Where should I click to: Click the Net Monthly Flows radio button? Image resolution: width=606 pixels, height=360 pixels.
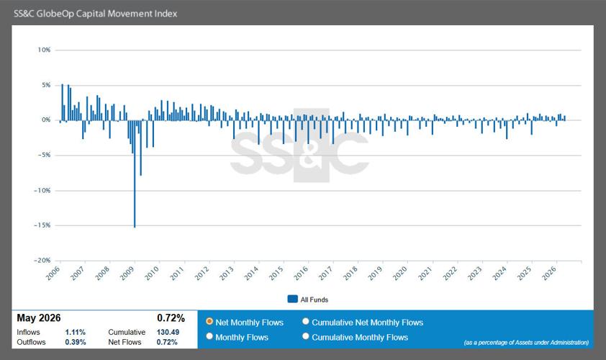209,321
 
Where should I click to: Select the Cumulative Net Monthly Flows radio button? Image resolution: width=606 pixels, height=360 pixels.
306,321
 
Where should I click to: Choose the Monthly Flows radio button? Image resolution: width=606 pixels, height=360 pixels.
209,336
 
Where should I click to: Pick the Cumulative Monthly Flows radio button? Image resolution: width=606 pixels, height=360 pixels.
306,336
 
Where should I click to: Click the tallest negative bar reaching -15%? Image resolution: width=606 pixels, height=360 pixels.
135,174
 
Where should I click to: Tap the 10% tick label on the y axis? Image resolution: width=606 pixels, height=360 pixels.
44,50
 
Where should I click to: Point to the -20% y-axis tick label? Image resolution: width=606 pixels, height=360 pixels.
42,260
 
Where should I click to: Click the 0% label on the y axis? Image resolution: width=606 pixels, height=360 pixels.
46,120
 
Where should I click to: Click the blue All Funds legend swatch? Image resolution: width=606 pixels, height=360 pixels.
293,299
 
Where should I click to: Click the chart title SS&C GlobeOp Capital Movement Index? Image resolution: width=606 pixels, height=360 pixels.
96,14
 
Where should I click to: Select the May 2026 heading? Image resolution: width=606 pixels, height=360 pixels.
39,318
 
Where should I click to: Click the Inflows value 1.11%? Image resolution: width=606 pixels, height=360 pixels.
76,332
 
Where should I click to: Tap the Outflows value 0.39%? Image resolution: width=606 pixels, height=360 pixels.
76,342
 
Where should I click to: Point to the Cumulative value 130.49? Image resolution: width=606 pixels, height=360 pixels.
168,332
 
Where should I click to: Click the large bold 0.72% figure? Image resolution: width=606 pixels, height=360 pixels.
171,318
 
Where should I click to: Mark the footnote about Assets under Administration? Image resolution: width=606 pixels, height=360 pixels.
526,342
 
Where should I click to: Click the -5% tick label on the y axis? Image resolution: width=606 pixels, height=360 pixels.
44,155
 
